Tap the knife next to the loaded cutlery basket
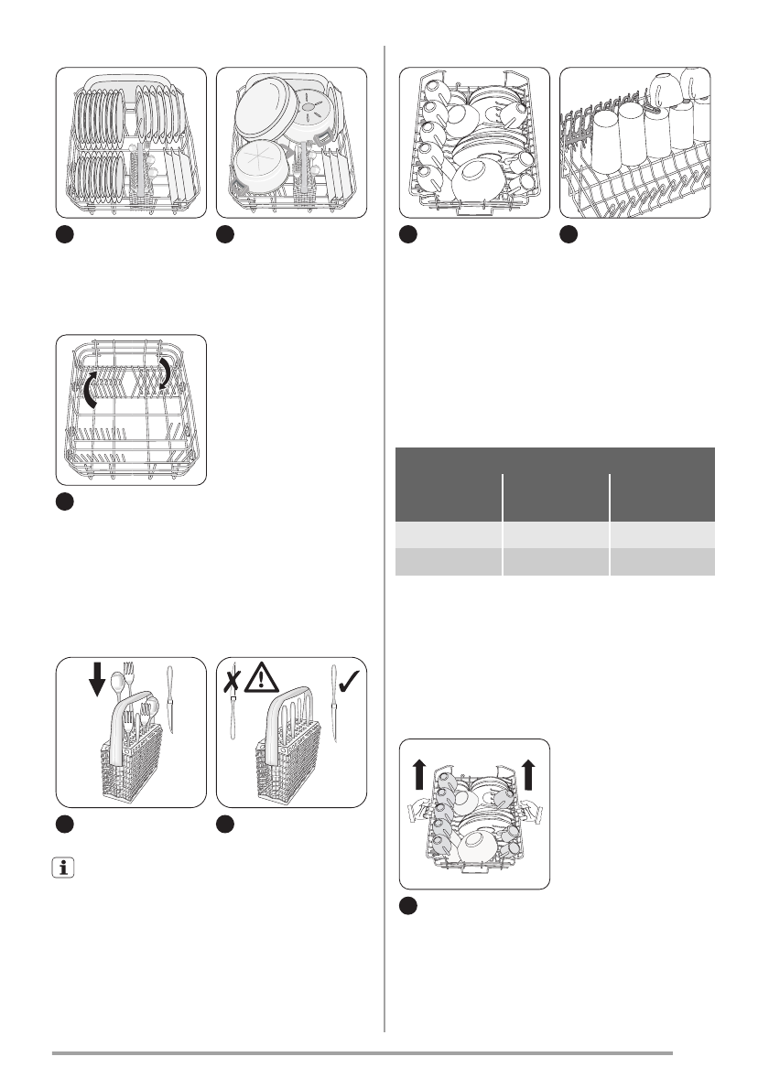[170, 700]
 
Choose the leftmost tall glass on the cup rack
[605, 141]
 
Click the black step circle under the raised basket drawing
[409, 906]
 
